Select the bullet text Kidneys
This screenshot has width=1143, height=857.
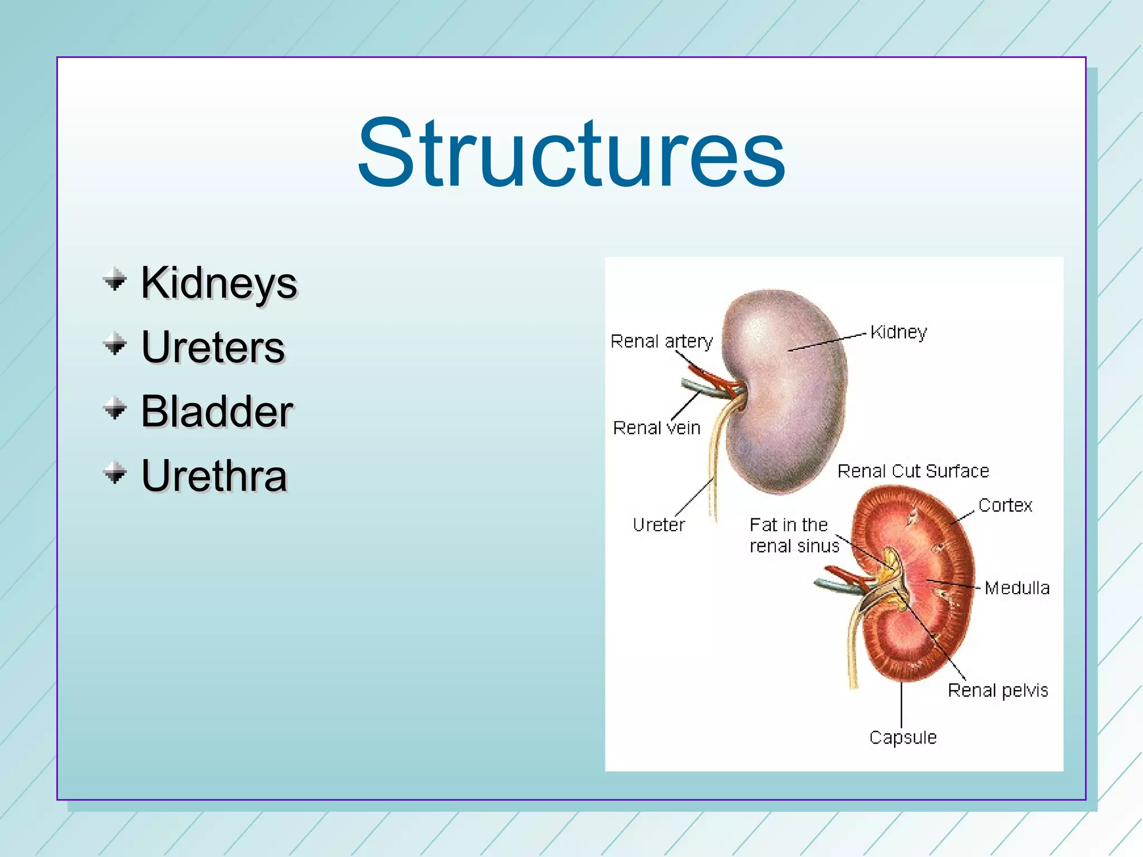219,283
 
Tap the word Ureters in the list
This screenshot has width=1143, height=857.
213,347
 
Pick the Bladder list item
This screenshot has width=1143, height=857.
217,411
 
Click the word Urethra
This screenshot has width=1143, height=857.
214,476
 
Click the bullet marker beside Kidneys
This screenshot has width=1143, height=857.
115,280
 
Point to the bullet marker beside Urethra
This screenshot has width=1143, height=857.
115,473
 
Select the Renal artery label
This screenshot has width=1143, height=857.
661,341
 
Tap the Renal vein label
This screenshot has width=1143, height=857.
656,428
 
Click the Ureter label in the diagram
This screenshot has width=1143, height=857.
659,524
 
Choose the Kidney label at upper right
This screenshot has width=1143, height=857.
899,333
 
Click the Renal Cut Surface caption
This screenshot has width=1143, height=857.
913,471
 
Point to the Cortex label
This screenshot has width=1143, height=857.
1005,505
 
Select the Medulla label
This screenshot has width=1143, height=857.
1017,588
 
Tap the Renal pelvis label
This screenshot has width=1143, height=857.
998,691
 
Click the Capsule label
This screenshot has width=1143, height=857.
902,738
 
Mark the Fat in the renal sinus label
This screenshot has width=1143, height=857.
793,535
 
